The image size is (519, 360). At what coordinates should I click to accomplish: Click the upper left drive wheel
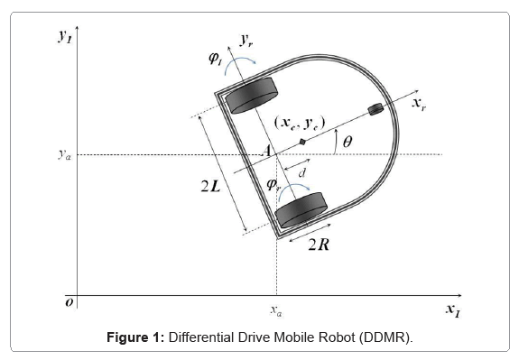point(251,96)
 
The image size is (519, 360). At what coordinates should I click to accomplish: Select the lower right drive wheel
point(301,210)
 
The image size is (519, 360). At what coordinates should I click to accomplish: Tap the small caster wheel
point(375,109)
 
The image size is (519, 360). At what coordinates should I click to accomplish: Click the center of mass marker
point(302,142)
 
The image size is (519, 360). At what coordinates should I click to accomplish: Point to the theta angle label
point(348,142)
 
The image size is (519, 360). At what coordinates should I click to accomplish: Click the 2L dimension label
point(210,187)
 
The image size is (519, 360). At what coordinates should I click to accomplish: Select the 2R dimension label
point(319,245)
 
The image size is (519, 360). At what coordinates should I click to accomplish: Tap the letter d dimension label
point(301,172)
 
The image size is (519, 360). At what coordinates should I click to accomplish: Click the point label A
point(267,151)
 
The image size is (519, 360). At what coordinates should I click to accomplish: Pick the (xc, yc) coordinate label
point(300,123)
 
